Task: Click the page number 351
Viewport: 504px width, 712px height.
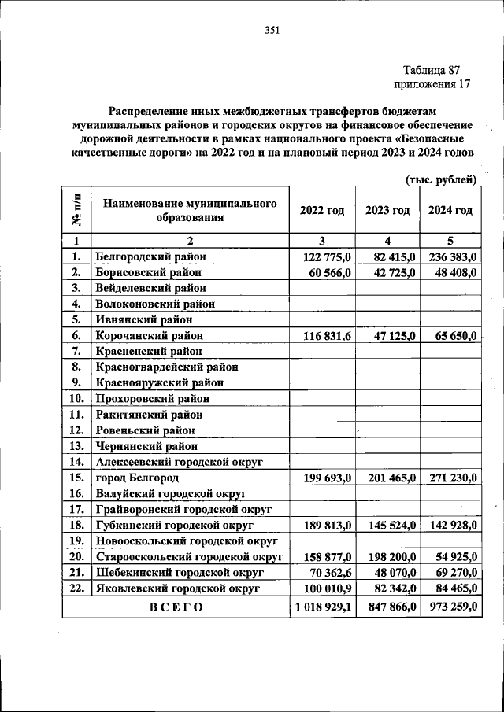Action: click(x=272, y=31)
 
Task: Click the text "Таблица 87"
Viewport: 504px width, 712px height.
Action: click(x=437, y=69)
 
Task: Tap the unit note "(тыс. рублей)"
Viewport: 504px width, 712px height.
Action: click(x=441, y=179)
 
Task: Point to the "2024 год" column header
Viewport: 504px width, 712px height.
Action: click(x=450, y=210)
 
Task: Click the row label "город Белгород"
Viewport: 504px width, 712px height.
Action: click(x=137, y=478)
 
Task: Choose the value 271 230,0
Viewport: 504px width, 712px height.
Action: click(x=450, y=478)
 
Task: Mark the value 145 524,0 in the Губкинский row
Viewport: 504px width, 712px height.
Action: click(x=386, y=525)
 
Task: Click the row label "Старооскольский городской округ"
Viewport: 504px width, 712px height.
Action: click(x=189, y=556)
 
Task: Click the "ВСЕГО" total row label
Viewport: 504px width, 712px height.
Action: click(x=176, y=607)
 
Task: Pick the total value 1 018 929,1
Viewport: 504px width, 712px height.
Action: click(x=324, y=607)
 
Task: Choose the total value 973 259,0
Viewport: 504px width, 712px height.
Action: click(x=450, y=607)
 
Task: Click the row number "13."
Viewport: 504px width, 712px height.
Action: click(x=76, y=446)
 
